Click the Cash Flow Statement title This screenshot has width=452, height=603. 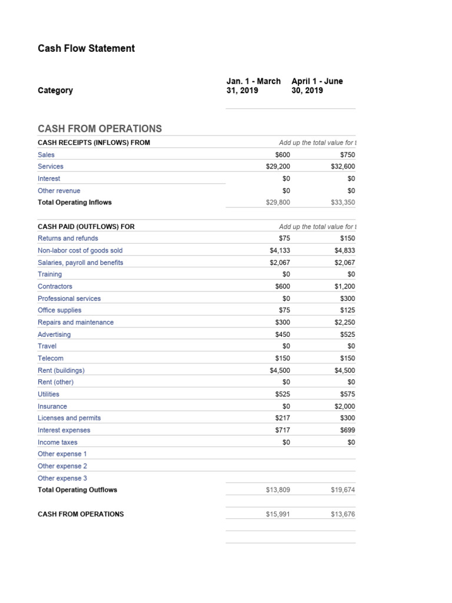[86, 48]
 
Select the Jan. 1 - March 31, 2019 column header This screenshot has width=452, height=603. [253, 86]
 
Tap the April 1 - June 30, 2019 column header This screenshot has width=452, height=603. [317, 86]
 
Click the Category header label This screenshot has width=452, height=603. [55, 91]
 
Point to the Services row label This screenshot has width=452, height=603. [51, 167]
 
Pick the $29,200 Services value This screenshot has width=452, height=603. [278, 167]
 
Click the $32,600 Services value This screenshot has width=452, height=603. [343, 167]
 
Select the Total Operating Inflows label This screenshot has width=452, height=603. [75, 203]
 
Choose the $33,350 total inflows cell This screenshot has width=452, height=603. [343, 203]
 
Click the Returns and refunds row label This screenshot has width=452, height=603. [68, 238]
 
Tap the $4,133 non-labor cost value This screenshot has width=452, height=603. [280, 250]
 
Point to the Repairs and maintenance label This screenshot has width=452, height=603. [76, 323]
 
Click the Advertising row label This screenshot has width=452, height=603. [54, 334]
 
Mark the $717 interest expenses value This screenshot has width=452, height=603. [282, 430]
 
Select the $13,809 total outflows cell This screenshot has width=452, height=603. [278, 490]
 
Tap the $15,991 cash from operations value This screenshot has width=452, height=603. [278, 514]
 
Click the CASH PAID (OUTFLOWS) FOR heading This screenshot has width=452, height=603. [86, 227]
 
